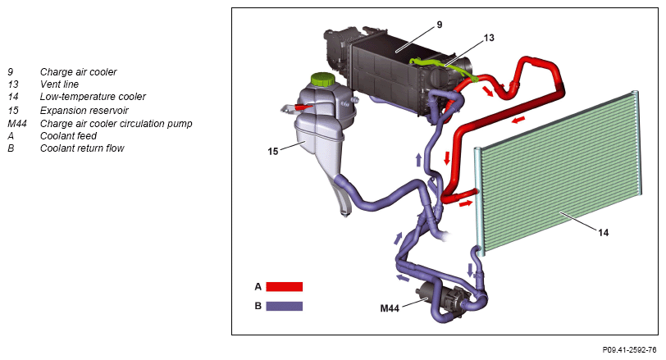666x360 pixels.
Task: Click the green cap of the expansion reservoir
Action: (322, 82)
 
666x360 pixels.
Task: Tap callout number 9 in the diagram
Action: (439, 25)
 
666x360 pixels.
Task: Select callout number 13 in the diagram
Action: (489, 38)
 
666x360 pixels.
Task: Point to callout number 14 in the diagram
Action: (602, 233)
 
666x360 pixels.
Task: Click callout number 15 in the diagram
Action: (274, 151)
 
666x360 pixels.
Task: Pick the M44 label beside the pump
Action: (390, 309)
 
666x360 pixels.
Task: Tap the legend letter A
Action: (258, 287)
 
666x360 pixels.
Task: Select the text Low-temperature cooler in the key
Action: (93, 97)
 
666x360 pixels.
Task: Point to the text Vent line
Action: (59, 84)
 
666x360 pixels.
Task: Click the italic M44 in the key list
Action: (16, 123)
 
